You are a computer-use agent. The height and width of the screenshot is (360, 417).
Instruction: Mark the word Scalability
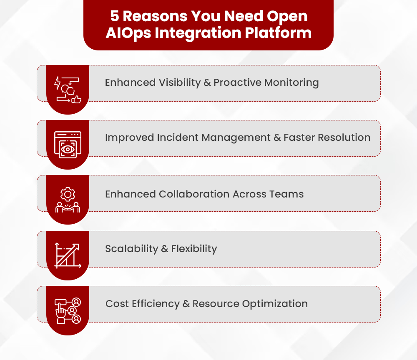point(131,249)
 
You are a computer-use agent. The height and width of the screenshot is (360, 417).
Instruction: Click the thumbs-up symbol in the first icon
point(76,99)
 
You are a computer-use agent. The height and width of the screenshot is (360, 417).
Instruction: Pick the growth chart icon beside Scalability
point(68,255)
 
